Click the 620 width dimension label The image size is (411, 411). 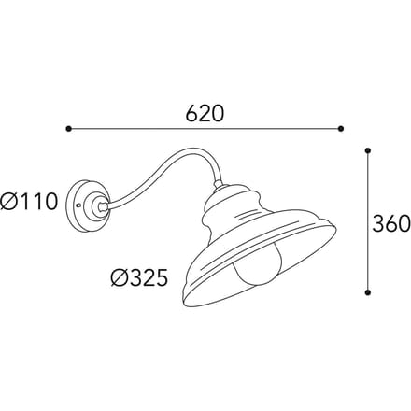[205, 113]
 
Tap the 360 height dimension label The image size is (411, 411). [391, 223]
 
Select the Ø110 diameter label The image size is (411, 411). [29, 202]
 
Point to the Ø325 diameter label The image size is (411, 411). [139, 277]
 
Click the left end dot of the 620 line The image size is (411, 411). [69, 128]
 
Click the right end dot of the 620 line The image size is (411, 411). [341, 128]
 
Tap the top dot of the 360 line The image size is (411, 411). [368, 151]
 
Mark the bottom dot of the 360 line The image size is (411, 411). [368, 292]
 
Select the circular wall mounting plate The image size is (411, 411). [88, 205]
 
